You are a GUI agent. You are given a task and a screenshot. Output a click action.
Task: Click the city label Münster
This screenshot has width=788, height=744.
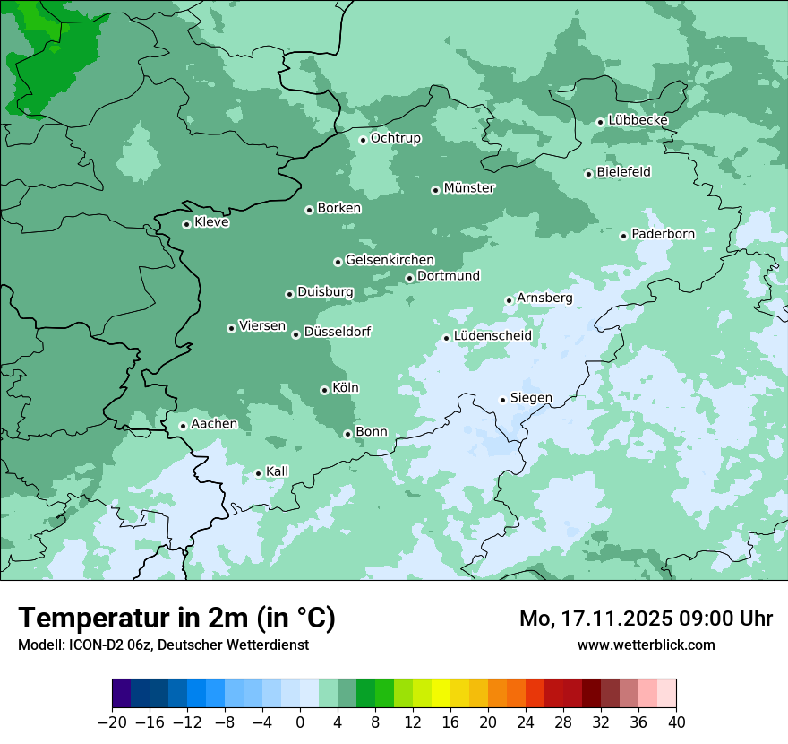(x=469, y=188)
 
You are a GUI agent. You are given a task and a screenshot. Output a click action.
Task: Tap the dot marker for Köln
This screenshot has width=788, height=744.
(x=324, y=390)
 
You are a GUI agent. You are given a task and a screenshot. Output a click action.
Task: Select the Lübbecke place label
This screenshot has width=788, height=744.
(x=638, y=120)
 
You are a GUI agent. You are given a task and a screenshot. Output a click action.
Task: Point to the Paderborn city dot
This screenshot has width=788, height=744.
(x=623, y=236)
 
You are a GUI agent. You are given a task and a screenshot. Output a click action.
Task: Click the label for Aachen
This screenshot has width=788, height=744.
(x=214, y=423)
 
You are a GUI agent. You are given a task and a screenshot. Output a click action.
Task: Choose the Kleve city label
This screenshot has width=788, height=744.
(x=211, y=222)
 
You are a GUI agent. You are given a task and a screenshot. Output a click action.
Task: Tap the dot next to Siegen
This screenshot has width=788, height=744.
(x=502, y=400)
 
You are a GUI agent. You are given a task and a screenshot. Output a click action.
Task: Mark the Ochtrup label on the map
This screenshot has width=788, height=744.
(x=395, y=138)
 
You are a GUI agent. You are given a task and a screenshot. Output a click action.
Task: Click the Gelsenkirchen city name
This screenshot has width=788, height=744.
(x=390, y=260)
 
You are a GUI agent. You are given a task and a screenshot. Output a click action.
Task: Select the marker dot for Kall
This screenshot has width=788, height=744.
(x=258, y=473)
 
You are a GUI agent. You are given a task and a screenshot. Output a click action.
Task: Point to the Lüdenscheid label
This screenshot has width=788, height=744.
(x=492, y=336)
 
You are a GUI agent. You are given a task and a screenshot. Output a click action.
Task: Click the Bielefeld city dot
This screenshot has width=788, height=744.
(x=588, y=174)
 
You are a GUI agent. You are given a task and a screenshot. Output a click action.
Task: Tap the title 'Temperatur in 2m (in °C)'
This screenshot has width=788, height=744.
(x=176, y=618)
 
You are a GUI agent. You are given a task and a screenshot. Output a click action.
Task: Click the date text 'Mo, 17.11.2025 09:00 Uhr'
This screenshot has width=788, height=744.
(x=646, y=619)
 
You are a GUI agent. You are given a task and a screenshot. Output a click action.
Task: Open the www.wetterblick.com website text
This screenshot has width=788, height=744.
(x=646, y=645)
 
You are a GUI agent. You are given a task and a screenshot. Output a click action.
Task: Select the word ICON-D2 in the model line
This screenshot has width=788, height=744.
(x=92, y=645)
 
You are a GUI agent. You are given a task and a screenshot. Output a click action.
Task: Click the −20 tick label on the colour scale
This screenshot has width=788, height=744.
(x=113, y=722)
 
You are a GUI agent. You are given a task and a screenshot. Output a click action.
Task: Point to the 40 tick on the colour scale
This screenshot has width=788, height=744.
(x=676, y=722)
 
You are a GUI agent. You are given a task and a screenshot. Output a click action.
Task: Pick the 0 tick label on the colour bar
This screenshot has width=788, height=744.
(x=300, y=722)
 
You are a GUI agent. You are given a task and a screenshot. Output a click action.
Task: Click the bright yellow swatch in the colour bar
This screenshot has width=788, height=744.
(x=441, y=694)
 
